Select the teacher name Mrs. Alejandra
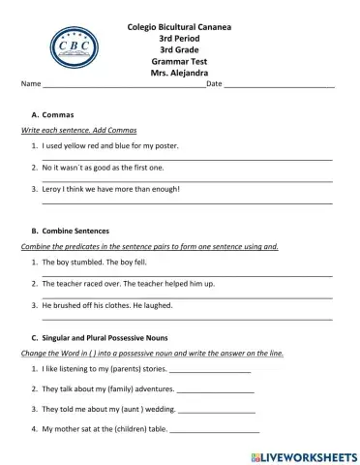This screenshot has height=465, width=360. click(x=179, y=72)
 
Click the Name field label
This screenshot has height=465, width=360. click(x=31, y=84)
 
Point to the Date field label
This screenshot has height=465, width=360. click(x=215, y=84)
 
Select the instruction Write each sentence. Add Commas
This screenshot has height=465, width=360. click(x=78, y=130)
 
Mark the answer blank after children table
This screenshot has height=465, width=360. click(x=214, y=429)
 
